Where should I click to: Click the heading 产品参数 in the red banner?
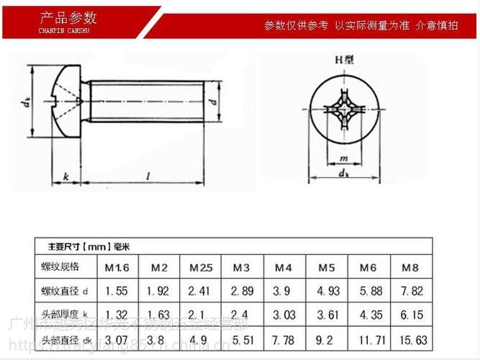(68, 18)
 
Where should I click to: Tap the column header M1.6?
(117, 269)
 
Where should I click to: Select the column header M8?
(409, 269)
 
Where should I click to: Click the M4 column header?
(284, 269)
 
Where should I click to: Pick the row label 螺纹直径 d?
(64, 291)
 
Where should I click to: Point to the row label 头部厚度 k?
(64, 315)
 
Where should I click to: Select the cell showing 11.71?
(368, 338)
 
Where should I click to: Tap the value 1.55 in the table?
(117, 291)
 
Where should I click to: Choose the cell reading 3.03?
(284, 315)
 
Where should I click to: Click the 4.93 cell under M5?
(327, 291)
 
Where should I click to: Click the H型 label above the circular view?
(342, 60)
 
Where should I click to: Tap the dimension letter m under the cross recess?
(343, 158)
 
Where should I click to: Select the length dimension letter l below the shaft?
(148, 176)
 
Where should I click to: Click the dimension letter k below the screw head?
(65, 176)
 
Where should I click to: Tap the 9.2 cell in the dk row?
(327, 338)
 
